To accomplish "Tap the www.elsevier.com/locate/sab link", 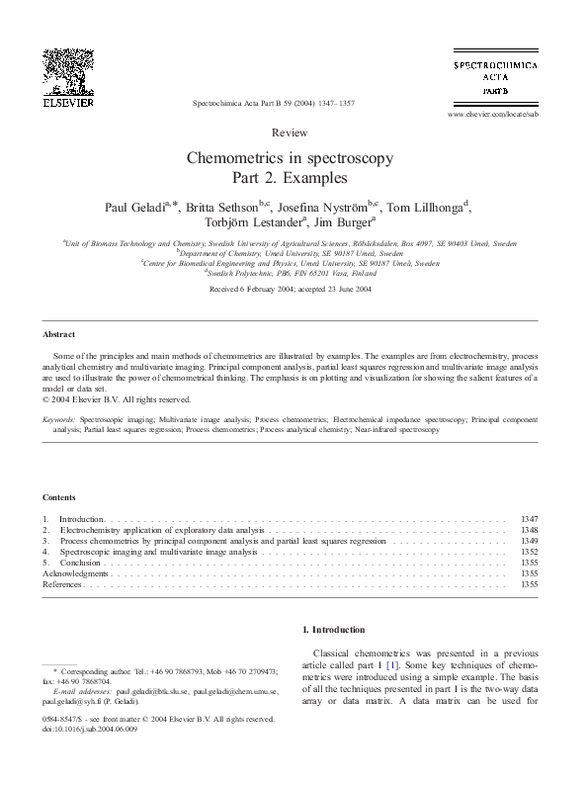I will tap(493, 115).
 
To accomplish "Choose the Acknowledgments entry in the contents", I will tap(75, 573).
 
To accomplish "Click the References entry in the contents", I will tap(62, 584).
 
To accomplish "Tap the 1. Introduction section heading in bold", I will tap(332, 630).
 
